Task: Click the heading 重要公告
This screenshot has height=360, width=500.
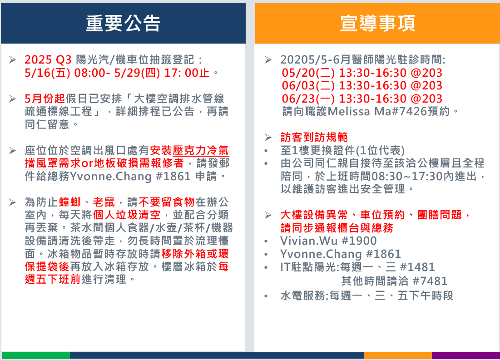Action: point(123,23)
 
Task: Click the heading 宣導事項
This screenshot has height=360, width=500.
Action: point(377,23)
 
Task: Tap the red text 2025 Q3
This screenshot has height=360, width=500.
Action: point(48,59)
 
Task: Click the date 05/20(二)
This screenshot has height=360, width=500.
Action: point(308,73)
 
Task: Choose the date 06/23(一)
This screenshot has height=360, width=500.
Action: point(308,99)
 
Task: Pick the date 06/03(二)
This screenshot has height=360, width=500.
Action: point(308,85)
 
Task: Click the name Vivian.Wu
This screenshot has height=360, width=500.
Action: point(309,241)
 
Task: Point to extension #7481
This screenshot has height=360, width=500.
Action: point(430,281)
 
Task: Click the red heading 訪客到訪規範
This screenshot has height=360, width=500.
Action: point(314,137)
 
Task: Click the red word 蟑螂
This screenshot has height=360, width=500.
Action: point(70,202)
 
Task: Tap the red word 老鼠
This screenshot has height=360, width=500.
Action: point(104,202)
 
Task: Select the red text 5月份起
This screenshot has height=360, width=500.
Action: point(45,99)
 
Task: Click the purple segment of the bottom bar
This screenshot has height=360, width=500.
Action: point(466,355)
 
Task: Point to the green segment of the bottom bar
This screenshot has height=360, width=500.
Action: point(36,355)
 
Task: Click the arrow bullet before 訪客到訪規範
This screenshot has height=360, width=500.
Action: point(268,138)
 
